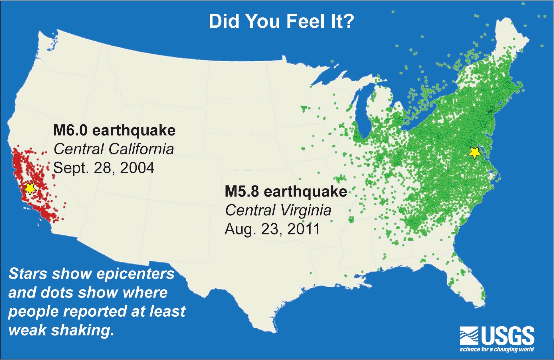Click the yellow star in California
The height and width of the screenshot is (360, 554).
pos(30,188)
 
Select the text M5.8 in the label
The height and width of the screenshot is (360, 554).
pos(242,191)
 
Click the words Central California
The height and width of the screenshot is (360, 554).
pos(114,149)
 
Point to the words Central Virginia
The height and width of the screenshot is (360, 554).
pos(278,210)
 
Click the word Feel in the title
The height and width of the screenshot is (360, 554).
pos(306,21)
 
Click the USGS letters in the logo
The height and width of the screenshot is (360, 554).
pos(508,336)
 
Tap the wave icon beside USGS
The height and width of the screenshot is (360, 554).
pos(469,336)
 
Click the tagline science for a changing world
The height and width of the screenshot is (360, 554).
pos(496,349)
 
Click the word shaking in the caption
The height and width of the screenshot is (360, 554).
pos(83,330)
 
